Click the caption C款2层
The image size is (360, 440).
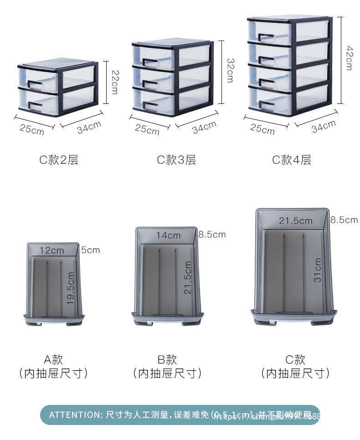pos(58,160)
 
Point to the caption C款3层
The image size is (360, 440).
pos(176,160)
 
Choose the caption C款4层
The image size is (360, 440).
pos(292,160)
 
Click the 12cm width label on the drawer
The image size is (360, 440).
pos(51,250)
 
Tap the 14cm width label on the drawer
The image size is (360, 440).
pos(168,235)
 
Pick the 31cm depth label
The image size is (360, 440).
pos(318,270)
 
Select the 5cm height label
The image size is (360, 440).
pos(90,250)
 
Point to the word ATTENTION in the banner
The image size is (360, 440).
pos(75,414)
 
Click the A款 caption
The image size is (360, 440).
pos(53,359)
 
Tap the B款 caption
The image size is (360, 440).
pos(167,359)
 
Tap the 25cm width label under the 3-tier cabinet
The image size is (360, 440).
pos(147,129)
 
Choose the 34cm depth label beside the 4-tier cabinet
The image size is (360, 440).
pos(324,126)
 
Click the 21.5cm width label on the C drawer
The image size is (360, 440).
pos(296,221)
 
